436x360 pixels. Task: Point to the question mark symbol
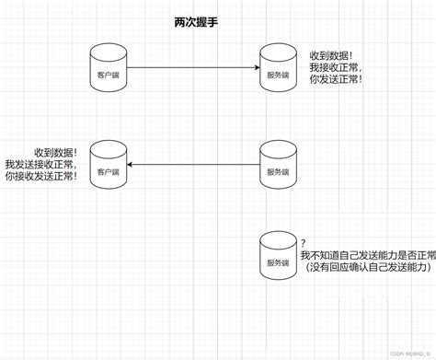coord(303,241)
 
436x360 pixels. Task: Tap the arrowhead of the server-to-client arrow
coord(131,165)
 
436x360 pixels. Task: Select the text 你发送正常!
coord(336,80)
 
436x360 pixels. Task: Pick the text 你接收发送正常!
coord(41,175)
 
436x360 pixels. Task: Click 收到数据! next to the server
coord(329,54)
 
